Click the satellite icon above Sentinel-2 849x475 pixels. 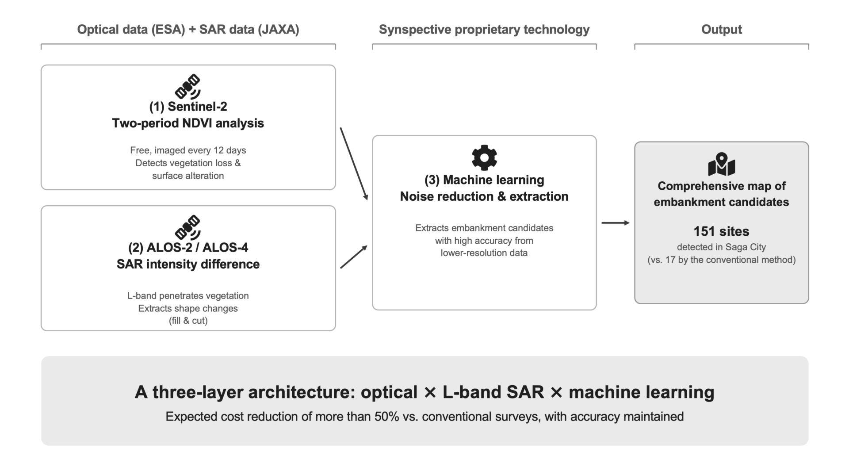click(x=188, y=86)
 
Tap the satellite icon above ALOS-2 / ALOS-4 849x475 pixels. click(x=188, y=227)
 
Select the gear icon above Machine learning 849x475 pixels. click(x=484, y=157)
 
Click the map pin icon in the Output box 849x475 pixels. click(x=721, y=165)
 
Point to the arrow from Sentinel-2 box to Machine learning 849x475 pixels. click(x=354, y=164)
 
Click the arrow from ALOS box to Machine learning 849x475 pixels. click(x=354, y=257)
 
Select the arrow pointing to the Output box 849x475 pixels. click(x=616, y=223)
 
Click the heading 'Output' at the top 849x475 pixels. click(x=721, y=30)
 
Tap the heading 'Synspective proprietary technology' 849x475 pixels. click(x=484, y=30)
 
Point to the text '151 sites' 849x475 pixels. click(x=721, y=231)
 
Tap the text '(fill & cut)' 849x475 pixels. click(x=188, y=321)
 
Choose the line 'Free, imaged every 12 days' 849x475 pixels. click(x=188, y=150)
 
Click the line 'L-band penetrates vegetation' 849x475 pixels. click(x=188, y=296)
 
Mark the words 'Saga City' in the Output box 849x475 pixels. click(x=746, y=247)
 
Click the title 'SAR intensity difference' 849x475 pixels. click(x=188, y=264)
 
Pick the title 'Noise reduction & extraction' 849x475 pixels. click(x=484, y=196)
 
